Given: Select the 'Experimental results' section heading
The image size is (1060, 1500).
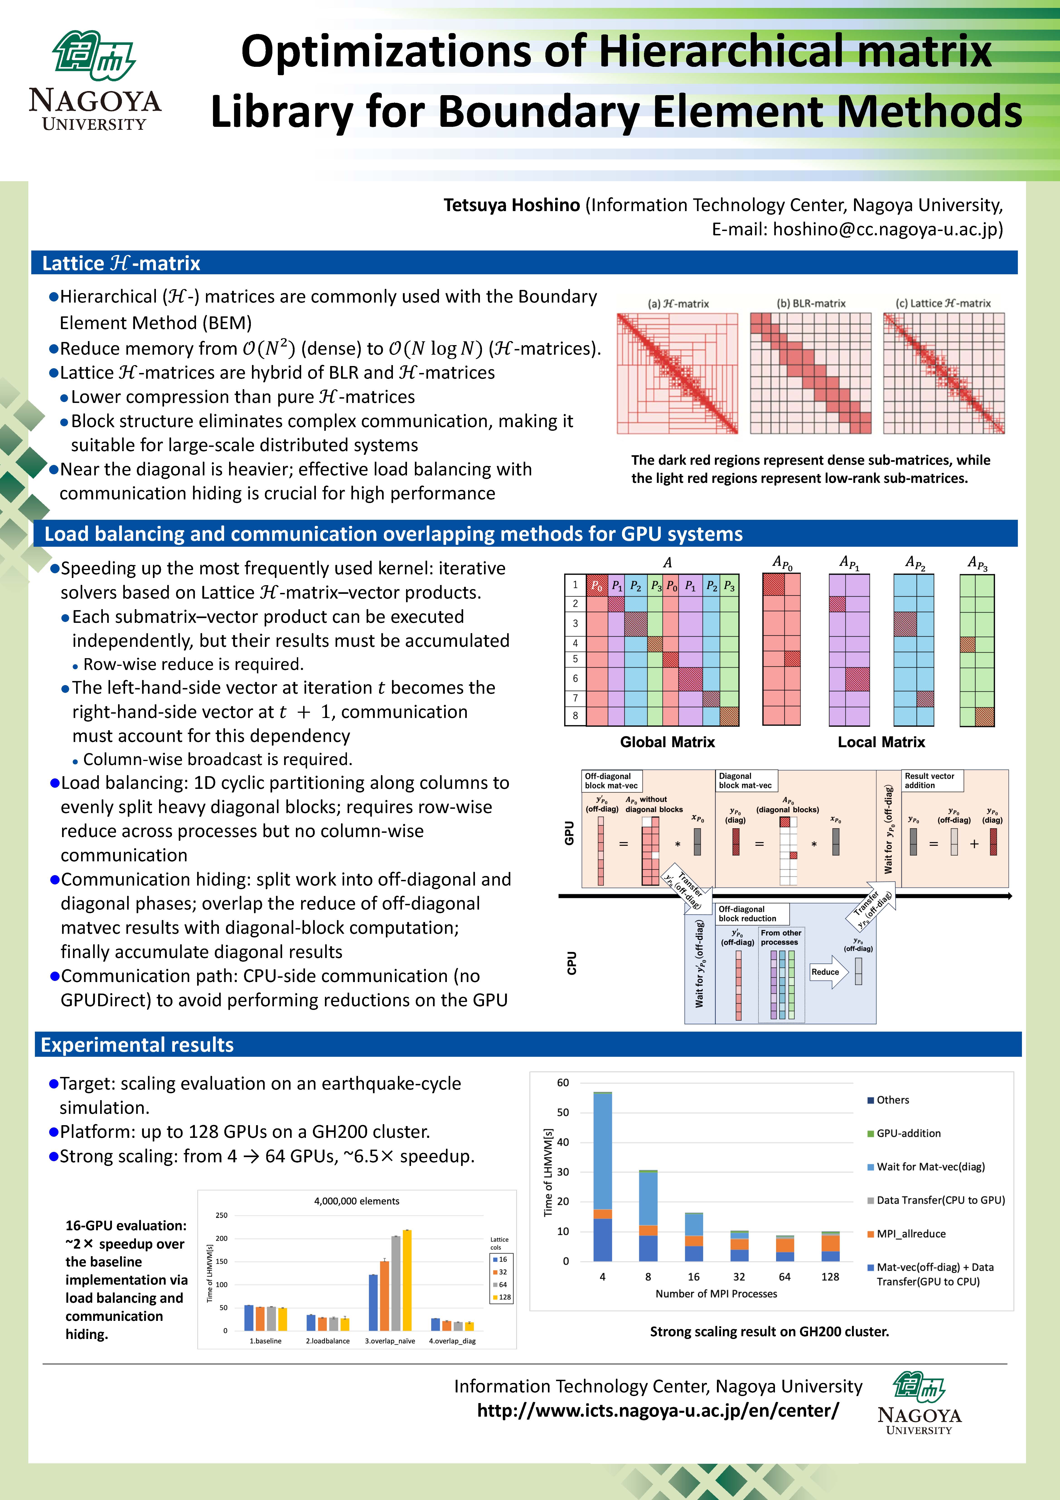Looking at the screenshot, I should (137, 1045).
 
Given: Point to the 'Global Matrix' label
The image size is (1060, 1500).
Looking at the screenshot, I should (667, 742).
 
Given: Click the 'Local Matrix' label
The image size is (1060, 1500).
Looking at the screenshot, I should (881, 742).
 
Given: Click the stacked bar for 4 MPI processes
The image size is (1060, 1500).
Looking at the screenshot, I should (603, 1176).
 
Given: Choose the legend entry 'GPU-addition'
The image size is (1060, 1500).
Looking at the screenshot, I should (908, 1133).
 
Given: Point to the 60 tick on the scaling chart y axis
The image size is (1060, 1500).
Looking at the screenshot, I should (563, 1083).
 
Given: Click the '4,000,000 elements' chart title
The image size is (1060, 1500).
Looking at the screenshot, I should (357, 1201).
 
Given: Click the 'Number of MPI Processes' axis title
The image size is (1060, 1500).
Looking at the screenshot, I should (716, 1293).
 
